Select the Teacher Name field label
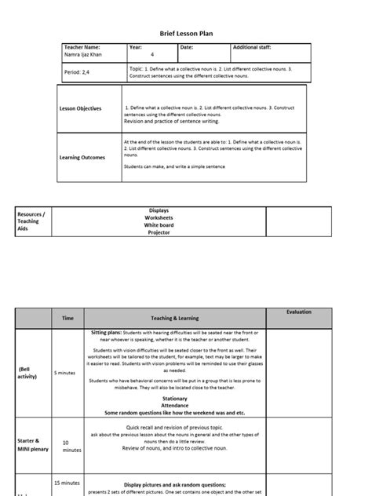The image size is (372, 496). (x=82, y=47)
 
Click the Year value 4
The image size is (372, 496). (x=152, y=55)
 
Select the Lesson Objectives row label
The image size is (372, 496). (x=81, y=109)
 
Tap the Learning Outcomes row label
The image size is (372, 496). (x=82, y=157)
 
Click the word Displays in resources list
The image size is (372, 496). (x=159, y=210)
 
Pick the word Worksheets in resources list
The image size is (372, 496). (x=159, y=217)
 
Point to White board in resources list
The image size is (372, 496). (x=159, y=225)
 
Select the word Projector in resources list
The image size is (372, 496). (x=159, y=232)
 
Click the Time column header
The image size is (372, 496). (x=67, y=318)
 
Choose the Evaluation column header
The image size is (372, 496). (x=298, y=312)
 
